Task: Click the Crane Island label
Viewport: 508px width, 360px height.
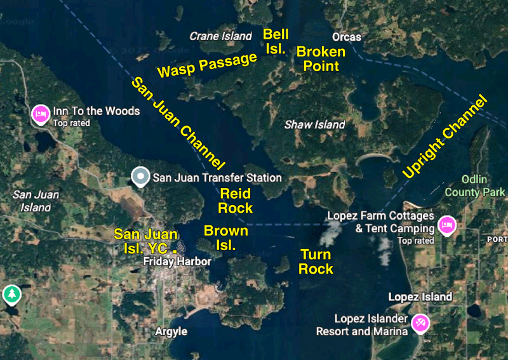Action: tap(220, 36)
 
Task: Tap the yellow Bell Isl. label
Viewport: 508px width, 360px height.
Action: tap(276, 41)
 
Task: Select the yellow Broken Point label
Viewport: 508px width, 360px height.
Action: tap(321, 58)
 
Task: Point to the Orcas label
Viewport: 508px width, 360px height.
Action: tap(346, 37)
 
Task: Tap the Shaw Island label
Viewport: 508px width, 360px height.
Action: tap(314, 124)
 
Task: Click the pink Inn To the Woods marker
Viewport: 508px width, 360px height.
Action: tap(41, 114)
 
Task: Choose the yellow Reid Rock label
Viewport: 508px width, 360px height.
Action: tap(235, 201)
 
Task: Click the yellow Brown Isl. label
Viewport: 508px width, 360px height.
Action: tap(225, 237)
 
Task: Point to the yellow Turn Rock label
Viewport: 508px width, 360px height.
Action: tap(316, 262)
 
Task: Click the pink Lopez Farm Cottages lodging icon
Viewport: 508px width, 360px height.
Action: tap(447, 224)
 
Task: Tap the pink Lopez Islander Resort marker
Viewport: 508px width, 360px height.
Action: tap(421, 323)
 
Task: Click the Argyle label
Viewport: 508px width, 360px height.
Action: tap(171, 331)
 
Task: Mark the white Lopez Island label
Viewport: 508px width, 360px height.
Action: tap(420, 297)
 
